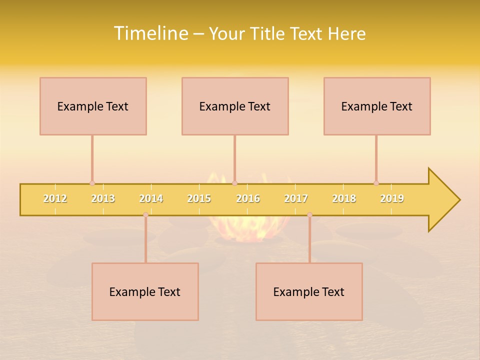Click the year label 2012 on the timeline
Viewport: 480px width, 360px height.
point(55,198)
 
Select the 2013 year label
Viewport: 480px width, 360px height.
point(103,198)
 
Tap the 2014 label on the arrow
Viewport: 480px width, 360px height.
point(151,198)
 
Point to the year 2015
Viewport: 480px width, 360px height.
point(199,198)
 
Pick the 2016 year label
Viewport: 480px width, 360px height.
point(248,198)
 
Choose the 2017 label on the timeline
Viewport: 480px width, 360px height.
point(296,198)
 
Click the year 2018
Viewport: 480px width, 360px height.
point(344,198)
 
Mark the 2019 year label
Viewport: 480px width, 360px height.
point(392,198)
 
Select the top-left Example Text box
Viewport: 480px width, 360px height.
point(93,106)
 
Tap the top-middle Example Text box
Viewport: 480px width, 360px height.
point(235,106)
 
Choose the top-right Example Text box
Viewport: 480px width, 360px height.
point(377,106)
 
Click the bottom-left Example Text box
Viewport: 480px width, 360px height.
point(145,291)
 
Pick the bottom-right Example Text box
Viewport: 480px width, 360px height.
point(309,291)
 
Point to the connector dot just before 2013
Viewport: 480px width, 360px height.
point(92,183)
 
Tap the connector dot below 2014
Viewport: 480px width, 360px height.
point(145,215)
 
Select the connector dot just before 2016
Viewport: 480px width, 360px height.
point(234,183)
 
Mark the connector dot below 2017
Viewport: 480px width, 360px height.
point(309,215)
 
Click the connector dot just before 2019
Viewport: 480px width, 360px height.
point(376,183)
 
